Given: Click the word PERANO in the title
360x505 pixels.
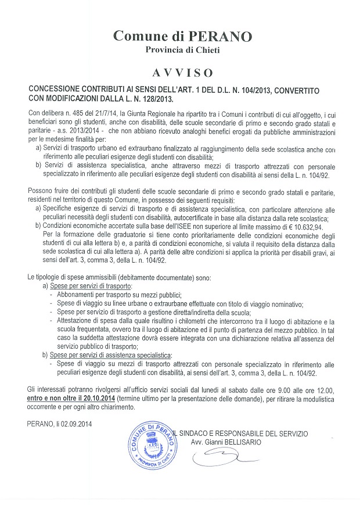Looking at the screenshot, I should (x=221, y=37).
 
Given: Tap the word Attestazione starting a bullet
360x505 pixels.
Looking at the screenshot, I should (x=76, y=321).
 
